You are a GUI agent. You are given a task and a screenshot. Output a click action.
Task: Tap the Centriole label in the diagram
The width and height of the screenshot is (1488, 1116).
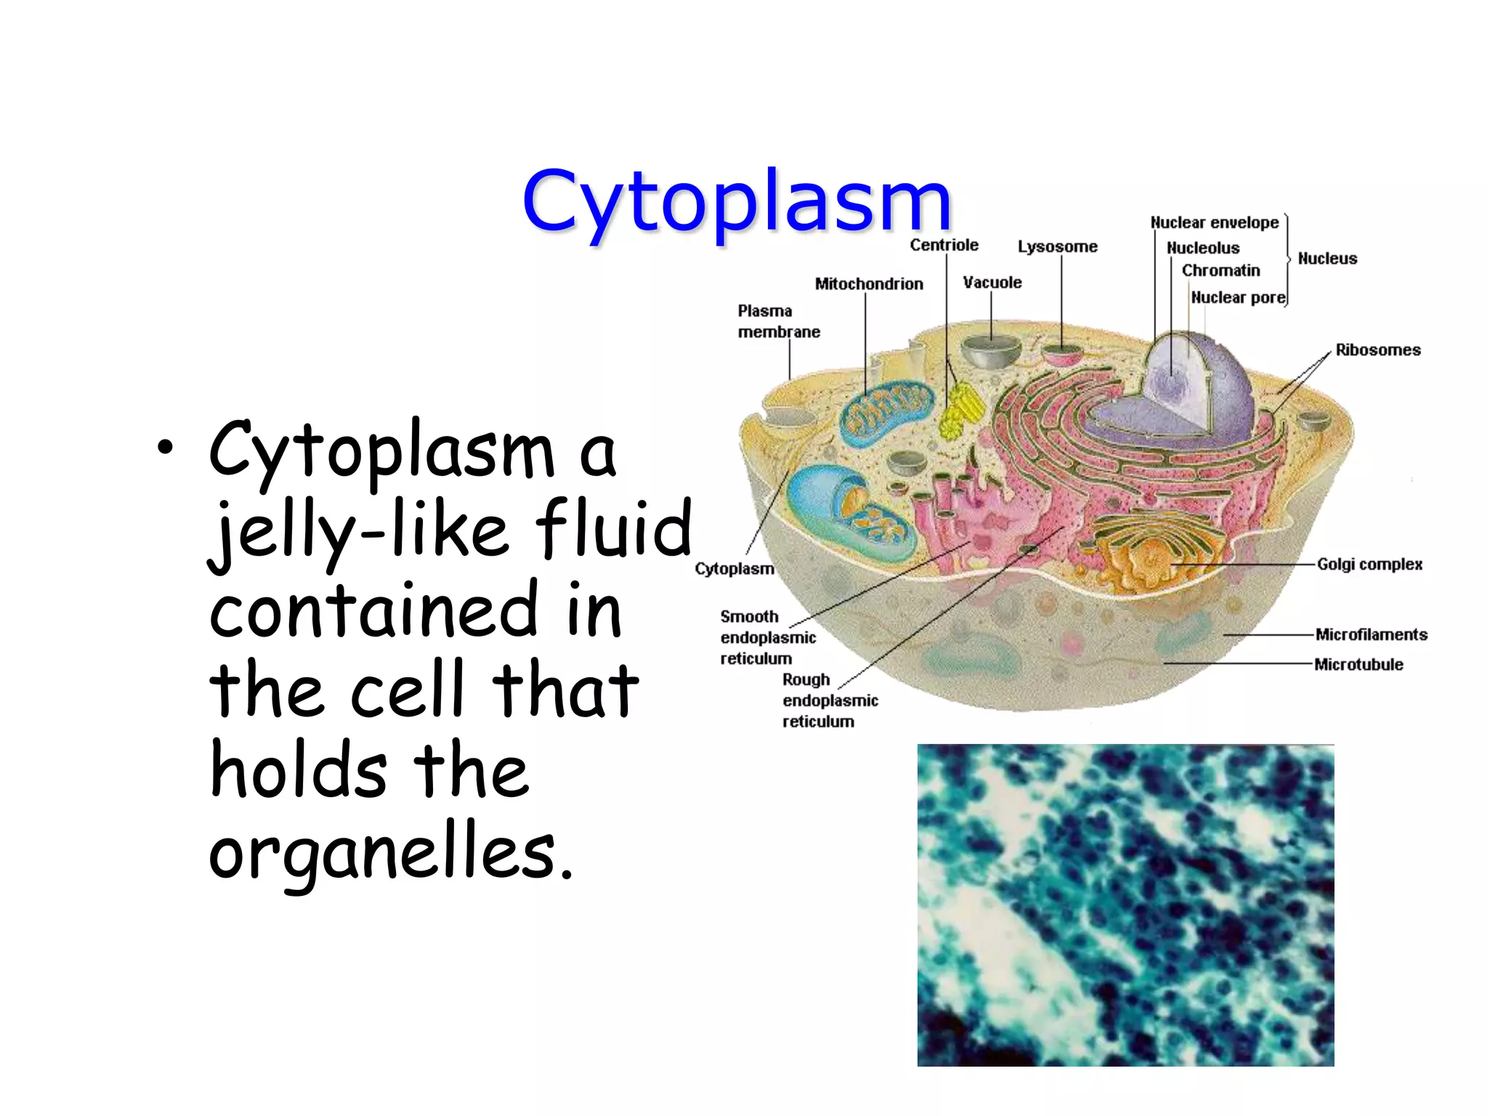[x=944, y=245]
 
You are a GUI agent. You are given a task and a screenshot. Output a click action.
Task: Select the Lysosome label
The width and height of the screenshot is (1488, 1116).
[x=1057, y=246]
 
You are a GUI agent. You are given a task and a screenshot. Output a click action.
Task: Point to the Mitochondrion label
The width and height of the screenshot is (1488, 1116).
[x=868, y=283]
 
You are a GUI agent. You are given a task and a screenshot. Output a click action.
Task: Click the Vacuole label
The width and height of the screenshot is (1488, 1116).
[x=992, y=282]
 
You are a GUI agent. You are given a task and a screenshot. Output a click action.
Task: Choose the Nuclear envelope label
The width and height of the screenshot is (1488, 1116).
[x=1214, y=222]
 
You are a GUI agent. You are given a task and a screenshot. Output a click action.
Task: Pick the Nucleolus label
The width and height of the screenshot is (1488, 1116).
[x=1202, y=248]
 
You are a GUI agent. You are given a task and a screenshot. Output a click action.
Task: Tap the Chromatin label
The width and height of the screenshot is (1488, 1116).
[x=1221, y=270]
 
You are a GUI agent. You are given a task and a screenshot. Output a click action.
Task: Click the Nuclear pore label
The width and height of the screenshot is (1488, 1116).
[x=1238, y=297]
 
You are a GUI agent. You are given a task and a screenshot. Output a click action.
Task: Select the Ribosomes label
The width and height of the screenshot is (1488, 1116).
[x=1378, y=349]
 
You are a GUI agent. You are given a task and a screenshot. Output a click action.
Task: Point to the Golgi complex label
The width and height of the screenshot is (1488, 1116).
[x=1370, y=564]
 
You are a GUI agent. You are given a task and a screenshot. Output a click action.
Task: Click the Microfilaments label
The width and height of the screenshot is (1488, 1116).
[x=1371, y=634]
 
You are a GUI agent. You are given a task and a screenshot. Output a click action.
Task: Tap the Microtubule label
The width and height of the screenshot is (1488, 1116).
[x=1359, y=664]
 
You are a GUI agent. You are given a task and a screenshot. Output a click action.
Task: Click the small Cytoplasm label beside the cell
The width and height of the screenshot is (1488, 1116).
[x=734, y=568]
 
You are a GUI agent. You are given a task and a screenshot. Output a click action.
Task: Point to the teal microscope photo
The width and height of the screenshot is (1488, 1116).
[x=1125, y=905]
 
